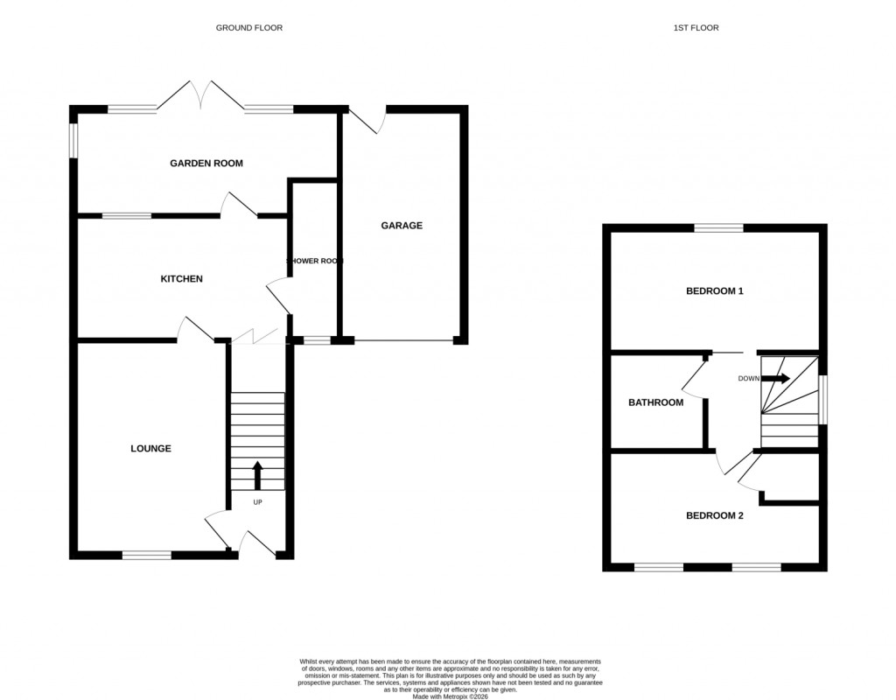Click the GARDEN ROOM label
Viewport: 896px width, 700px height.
206,164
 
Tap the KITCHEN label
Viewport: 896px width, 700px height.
181,279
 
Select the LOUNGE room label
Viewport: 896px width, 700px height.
150,449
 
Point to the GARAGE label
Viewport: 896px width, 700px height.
402,226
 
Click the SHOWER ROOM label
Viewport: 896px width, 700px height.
315,261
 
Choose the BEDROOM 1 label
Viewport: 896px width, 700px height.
714,291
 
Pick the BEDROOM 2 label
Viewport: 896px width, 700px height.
714,516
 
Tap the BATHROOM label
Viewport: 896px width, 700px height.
655,403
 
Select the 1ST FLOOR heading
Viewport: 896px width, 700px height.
696,28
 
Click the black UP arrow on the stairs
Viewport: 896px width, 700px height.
257,475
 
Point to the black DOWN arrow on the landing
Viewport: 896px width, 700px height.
775,379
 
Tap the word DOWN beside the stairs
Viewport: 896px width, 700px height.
748,379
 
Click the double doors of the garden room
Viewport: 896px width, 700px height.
201,94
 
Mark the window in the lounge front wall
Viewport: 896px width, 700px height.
147,555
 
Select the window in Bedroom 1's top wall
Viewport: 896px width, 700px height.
719,228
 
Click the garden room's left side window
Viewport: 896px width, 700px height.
74,140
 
